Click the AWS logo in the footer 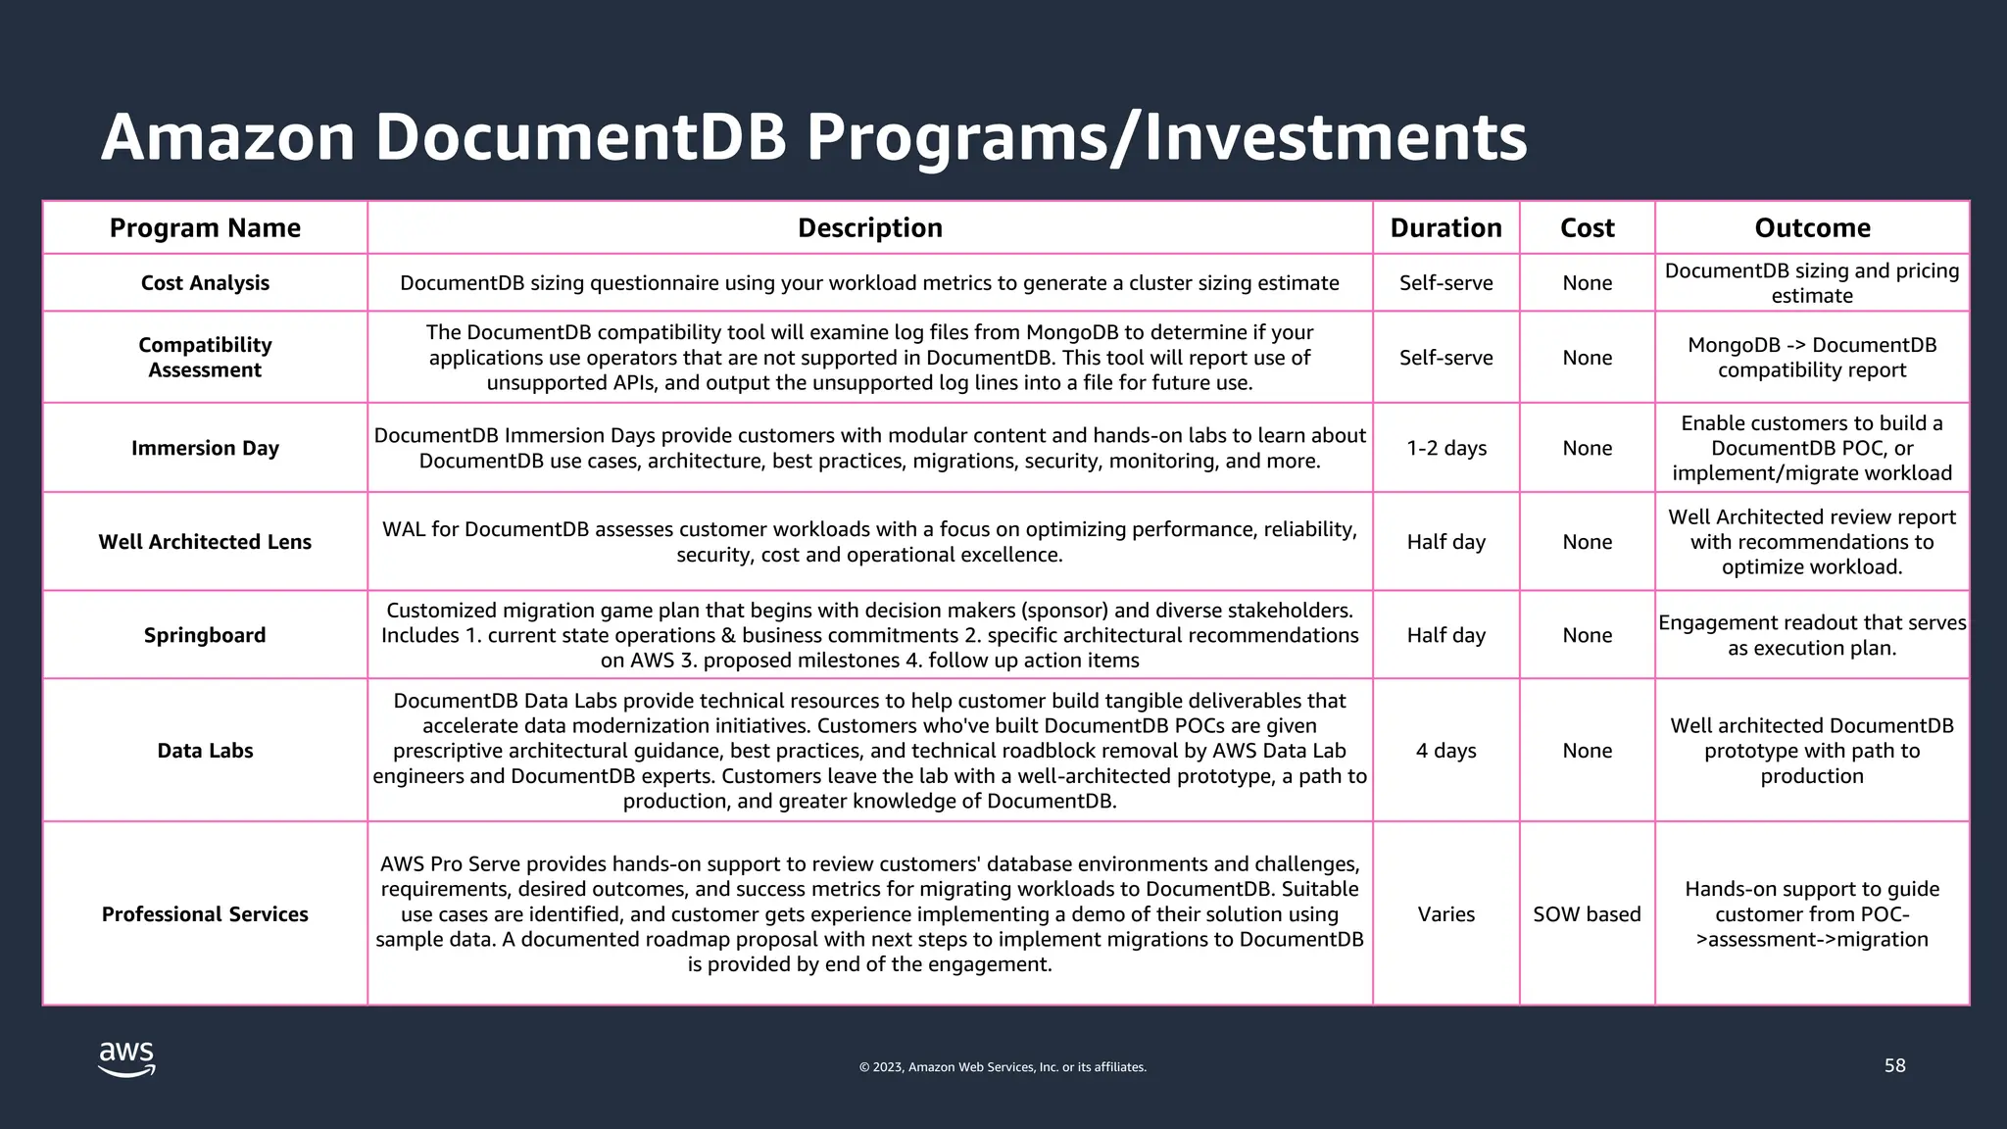(x=126, y=1059)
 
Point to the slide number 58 (x=1894, y=1065)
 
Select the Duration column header (x=1445, y=228)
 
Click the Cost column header (x=1587, y=228)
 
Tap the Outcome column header (x=1812, y=228)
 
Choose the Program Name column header (x=205, y=228)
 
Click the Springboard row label (x=205, y=635)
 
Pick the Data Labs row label (x=205, y=751)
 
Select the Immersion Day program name (x=205, y=448)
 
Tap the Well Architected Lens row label (x=205, y=542)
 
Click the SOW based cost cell (x=1587, y=914)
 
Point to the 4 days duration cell (x=1445, y=751)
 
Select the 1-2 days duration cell (x=1445, y=448)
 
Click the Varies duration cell (x=1445, y=914)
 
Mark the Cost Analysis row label (x=205, y=283)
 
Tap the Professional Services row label (x=205, y=914)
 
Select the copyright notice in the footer (x=1003, y=1067)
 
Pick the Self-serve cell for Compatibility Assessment (x=1445, y=358)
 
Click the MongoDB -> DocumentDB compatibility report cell (x=1812, y=358)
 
